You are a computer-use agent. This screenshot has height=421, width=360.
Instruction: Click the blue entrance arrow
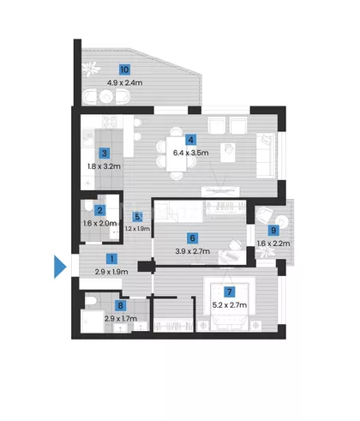pyautogui.click(x=59, y=267)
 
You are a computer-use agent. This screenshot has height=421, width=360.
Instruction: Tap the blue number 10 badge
pyautogui.click(x=124, y=69)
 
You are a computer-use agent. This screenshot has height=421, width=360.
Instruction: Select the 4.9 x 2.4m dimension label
pyautogui.click(x=124, y=83)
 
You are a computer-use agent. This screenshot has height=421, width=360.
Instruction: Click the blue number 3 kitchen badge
pyautogui.click(x=105, y=153)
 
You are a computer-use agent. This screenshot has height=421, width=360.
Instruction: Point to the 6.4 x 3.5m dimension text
pyautogui.click(x=190, y=153)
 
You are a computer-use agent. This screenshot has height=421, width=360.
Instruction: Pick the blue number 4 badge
pyautogui.click(x=191, y=140)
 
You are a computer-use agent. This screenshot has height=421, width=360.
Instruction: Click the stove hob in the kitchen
pyautogui.click(x=109, y=122)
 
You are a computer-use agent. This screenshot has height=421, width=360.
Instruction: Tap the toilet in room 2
pyautogui.click(x=89, y=205)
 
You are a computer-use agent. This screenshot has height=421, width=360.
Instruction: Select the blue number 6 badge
pyautogui.click(x=192, y=238)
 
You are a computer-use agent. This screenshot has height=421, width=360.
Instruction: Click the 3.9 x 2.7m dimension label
pyautogui.click(x=193, y=251)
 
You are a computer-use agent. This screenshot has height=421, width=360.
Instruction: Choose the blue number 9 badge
pyautogui.click(x=273, y=230)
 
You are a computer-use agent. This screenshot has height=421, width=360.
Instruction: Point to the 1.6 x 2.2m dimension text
pyautogui.click(x=273, y=244)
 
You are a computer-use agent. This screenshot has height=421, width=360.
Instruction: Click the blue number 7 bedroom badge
pyautogui.click(x=230, y=292)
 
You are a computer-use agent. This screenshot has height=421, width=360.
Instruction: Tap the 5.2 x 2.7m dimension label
pyautogui.click(x=230, y=305)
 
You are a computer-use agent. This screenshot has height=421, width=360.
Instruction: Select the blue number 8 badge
pyautogui.click(x=120, y=305)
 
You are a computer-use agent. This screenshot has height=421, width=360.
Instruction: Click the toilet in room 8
pyautogui.click(x=91, y=301)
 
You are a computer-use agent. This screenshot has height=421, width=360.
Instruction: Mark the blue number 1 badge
pyautogui.click(x=111, y=259)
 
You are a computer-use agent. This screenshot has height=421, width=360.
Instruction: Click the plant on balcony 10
pyautogui.click(x=91, y=69)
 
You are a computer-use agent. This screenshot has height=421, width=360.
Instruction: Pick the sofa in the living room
pyautogui.click(x=266, y=156)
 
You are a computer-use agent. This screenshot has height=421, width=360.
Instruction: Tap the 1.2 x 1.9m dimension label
pyautogui.click(x=137, y=229)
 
